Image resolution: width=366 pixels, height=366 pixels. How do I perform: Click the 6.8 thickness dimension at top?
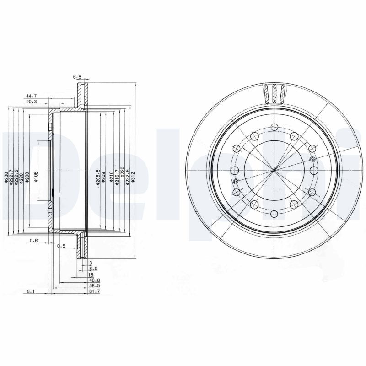click(x=77, y=77)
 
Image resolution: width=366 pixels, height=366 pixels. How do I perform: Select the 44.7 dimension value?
click(x=31, y=96)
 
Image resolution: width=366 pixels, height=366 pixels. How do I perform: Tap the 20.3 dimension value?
click(x=31, y=102)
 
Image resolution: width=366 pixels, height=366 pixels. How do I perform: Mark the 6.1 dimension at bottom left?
click(x=31, y=291)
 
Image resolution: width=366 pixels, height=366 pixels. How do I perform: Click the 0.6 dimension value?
click(x=33, y=241)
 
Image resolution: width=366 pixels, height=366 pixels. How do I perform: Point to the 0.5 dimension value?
click(x=60, y=246)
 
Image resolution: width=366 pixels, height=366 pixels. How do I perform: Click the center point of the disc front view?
click(x=273, y=170)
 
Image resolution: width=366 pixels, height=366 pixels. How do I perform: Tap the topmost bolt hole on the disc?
click(x=273, y=127)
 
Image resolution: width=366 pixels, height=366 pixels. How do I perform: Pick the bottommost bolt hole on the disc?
click(x=273, y=213)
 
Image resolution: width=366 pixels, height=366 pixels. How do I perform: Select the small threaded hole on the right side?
click(x=312, y=159)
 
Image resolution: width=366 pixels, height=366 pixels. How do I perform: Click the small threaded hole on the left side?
click(x=236, y=182)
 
